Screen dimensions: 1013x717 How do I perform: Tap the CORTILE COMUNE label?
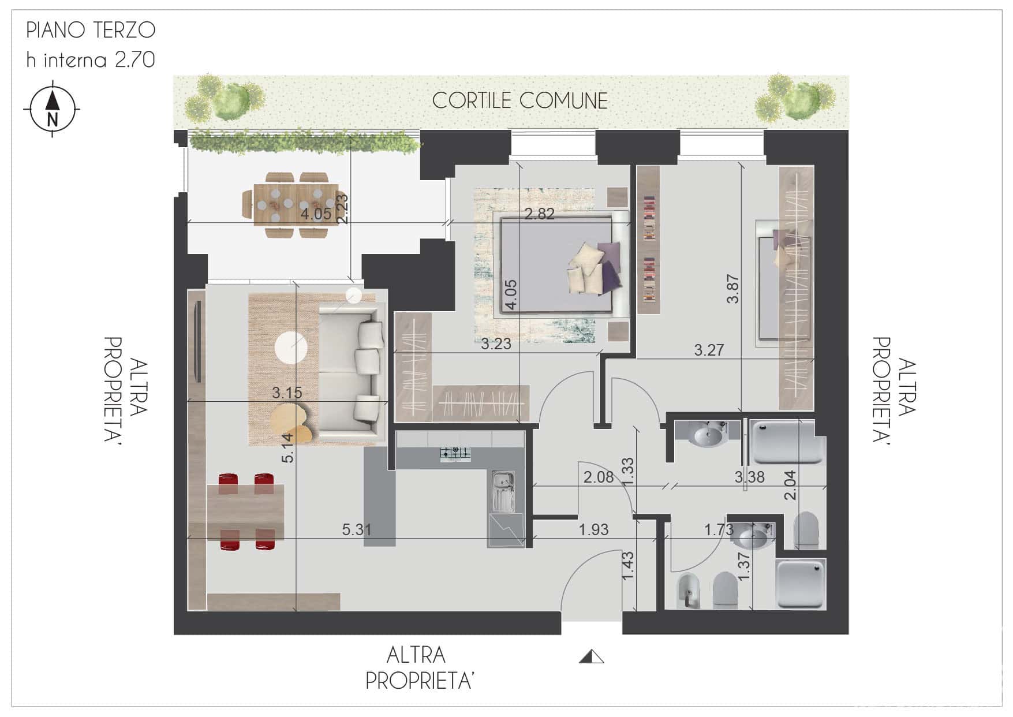519,100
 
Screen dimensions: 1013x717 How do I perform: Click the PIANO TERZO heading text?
91,30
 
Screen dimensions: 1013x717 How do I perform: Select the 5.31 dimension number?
357,529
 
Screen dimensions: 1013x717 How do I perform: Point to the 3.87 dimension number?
732,289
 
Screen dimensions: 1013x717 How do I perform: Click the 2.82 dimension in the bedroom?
540,214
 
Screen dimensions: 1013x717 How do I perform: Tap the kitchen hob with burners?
456,454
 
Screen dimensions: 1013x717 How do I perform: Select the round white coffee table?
292,348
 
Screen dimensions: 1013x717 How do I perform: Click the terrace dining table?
296,204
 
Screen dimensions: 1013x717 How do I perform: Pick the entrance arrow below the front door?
591,656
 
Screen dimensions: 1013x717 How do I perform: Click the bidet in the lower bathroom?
688,591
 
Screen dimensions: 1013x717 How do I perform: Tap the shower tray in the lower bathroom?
801,584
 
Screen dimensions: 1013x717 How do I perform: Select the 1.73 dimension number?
719,529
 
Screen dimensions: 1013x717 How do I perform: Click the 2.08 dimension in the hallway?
599,477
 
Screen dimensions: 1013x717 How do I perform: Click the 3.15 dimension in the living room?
287,393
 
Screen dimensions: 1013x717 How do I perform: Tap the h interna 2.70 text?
91,59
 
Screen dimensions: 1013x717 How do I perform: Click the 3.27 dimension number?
709,350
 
